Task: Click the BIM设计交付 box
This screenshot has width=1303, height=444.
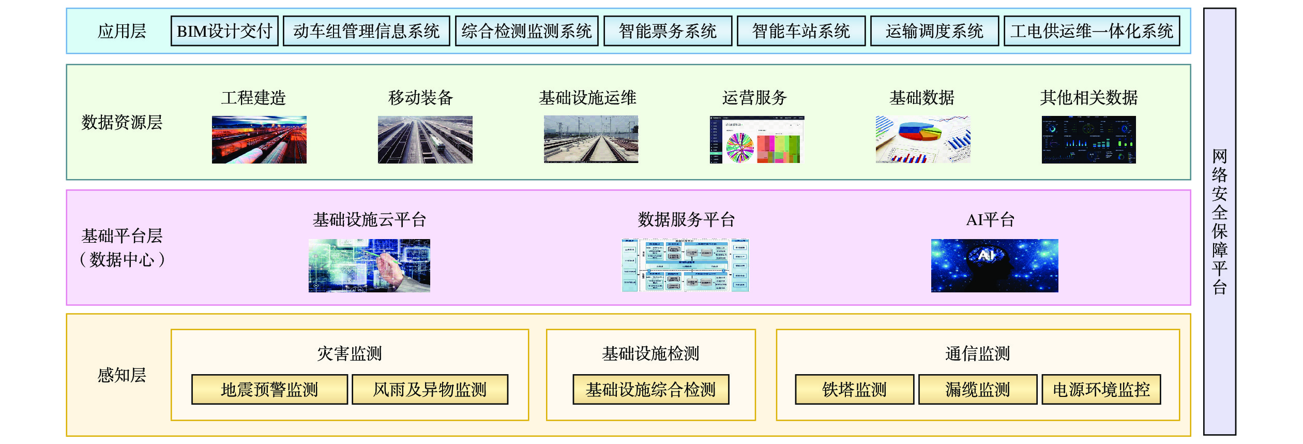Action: (224, 31)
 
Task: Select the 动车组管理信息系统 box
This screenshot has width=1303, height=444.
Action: (366, 31)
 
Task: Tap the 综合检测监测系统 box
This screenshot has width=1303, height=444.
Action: (526, 31)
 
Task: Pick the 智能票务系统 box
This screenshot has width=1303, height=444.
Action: (668, 31)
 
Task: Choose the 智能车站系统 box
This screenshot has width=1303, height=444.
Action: (801, 31)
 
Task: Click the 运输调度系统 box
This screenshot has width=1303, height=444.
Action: (934, 31)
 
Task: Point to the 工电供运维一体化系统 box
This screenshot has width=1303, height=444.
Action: (1092, 31)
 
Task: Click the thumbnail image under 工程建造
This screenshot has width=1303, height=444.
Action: (259, 140)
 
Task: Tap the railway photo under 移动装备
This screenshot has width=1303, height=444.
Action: (425, 140)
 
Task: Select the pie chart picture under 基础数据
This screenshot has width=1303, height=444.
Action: (923, 140)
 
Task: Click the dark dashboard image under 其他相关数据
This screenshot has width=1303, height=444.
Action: (1088, 140)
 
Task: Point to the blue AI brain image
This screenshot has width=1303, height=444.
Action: (994, 265)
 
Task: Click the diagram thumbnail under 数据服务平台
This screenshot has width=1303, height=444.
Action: (685, 265)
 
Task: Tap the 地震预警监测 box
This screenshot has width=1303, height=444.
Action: (269, 389)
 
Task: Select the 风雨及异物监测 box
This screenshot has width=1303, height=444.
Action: (430, 389)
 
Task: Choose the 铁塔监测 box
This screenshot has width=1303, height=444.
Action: (854, 389)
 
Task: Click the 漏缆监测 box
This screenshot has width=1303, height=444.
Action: (977, 389)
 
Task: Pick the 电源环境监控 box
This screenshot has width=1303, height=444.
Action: (1101, 389)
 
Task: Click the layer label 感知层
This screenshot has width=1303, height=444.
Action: (122, 375)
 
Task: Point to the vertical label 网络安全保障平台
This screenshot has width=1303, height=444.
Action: (1219, 221)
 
